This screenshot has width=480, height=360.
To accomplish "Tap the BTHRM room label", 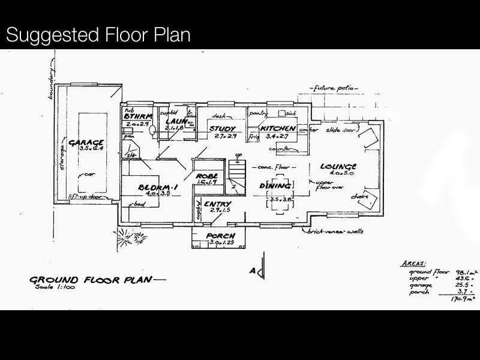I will pos(139,116).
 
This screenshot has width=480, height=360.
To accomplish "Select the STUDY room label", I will pos(221,128).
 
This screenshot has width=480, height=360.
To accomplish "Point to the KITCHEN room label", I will pos(277,128).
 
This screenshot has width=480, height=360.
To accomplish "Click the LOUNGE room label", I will pos(338,167).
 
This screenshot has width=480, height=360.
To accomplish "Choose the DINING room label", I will pos(275,187).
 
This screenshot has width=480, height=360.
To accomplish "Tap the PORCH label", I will pos(220,236).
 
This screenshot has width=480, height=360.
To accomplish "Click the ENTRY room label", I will pos(217,205).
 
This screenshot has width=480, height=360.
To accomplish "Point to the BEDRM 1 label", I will pos(155,187).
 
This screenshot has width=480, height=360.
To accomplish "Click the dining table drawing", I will pos(281,196).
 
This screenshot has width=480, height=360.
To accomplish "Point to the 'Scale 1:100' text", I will pos(56,287).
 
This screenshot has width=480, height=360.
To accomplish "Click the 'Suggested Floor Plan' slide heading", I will pos(98,34).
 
